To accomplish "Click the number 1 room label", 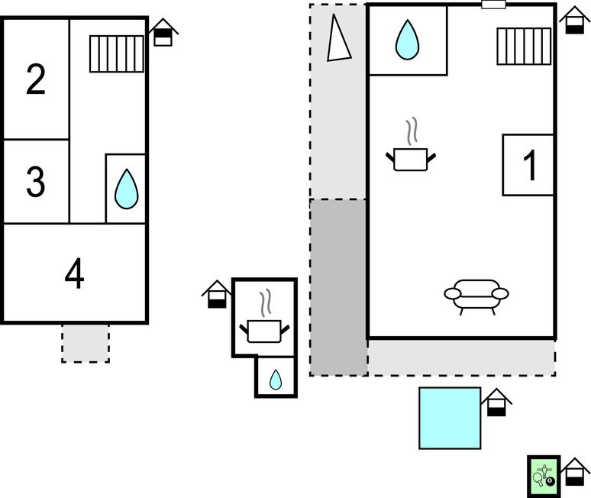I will click(528, 165).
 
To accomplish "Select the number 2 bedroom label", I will click(36, 79).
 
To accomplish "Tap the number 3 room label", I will click(36, 182).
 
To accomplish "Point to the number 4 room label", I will click(74, 273).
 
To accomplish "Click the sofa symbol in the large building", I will click(476, 296).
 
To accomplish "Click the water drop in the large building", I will click(407, 40).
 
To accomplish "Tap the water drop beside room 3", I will click(126, 189).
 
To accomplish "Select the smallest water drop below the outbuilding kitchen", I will click(275, 379).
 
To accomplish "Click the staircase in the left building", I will click(116, 54).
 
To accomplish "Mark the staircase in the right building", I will click(524, 46).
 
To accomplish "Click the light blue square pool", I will click(450, 418).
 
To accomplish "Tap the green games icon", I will click(544, 476).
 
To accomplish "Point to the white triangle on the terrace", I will click(339, 40).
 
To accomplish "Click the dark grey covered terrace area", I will click(338, 286).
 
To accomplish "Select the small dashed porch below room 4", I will click(86, 343).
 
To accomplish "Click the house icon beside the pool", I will click(497, 403).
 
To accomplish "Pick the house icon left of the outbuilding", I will click(217, 294).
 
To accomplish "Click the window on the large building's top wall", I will click(494, 5).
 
